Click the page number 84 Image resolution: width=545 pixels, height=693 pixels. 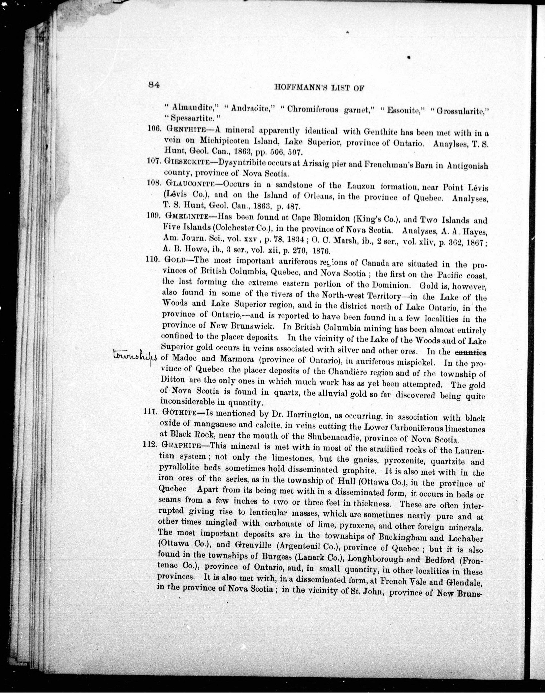[x=154, y=85]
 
